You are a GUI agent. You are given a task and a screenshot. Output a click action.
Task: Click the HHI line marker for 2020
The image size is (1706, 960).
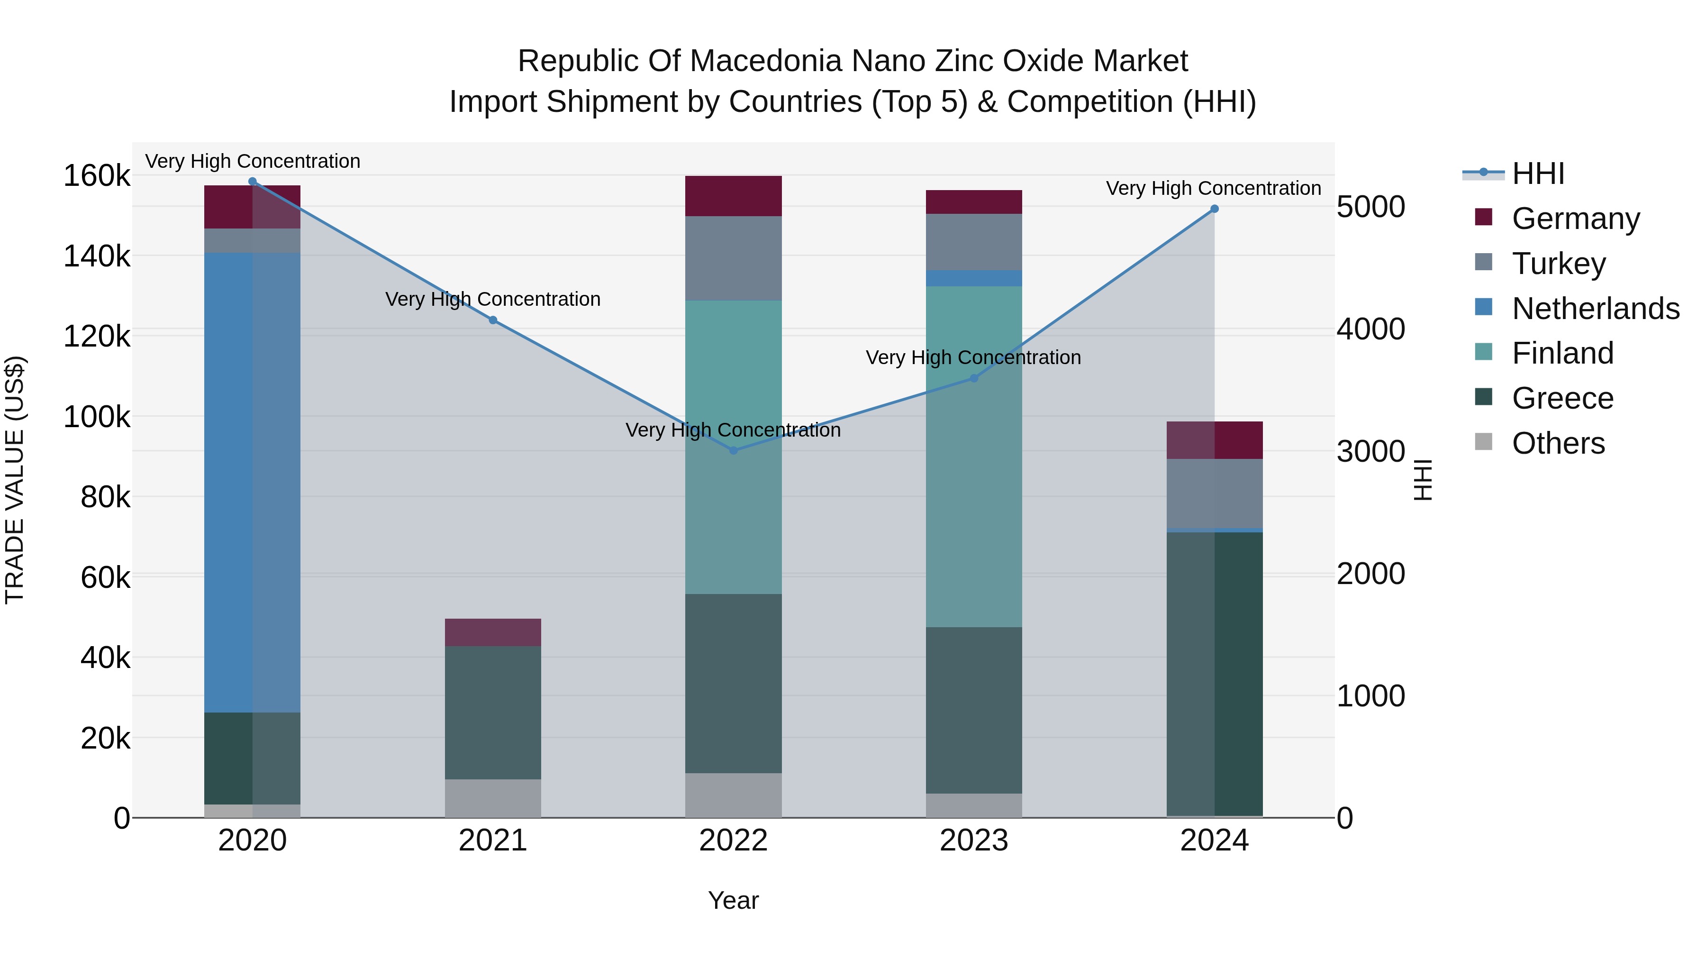(252, 182)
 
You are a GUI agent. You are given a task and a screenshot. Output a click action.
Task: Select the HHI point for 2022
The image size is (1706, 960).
(733, 450)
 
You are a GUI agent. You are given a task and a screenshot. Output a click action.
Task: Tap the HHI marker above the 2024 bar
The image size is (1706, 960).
(1214, 209)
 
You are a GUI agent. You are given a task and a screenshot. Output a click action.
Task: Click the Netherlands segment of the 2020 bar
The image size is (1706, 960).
(252, 482)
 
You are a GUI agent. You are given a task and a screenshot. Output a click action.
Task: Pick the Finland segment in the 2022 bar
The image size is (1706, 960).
(733, 447)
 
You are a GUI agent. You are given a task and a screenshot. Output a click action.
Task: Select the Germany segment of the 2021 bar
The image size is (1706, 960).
(493, 633)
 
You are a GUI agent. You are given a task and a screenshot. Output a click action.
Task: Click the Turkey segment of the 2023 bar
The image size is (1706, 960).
(973, 242)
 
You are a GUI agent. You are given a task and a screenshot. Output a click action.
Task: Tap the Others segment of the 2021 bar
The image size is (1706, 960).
(493, 798)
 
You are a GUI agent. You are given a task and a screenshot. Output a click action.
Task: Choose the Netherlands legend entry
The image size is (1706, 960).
(1595, 309)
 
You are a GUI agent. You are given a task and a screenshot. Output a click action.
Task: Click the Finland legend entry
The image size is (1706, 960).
(1562, 353)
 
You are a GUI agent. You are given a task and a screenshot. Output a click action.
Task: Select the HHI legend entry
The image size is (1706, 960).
(1538, 174)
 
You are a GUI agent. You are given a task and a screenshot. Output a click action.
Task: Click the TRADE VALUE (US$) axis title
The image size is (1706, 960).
(15, 480)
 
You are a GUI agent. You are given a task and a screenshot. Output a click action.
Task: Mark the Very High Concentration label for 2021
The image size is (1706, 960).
(493, 300)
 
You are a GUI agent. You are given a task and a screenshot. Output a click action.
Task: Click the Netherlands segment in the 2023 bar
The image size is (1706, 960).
(973, 278)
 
